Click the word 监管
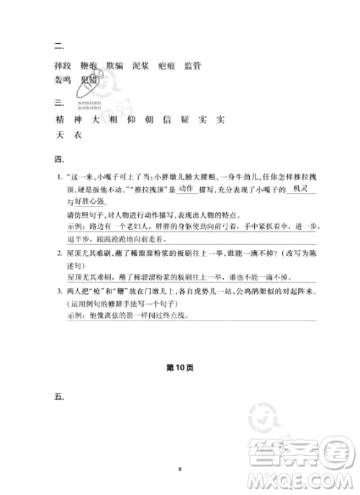(x=192, y=66)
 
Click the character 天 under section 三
(x=59, y=135)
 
